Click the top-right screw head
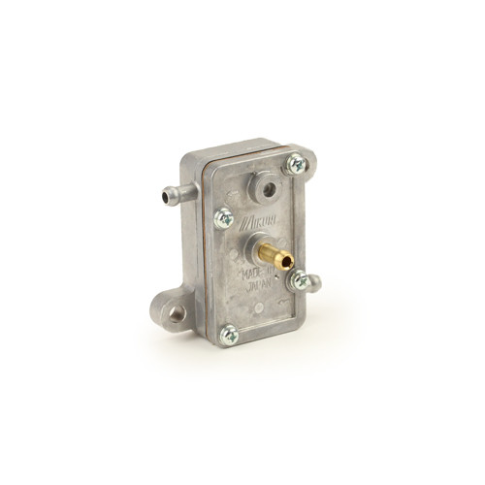pos(293,166)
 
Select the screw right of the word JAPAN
pos(300,281)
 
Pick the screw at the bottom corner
pos(230,335)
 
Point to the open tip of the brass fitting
pos(288,262)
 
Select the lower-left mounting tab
pos(173,308)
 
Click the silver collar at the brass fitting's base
pos(256,248)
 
